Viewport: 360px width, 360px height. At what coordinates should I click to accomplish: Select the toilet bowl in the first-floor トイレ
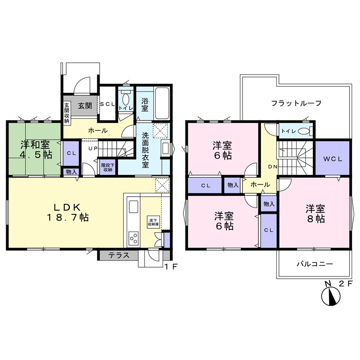point(126,99)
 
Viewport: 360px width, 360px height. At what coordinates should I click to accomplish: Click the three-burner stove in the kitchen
point(134,238)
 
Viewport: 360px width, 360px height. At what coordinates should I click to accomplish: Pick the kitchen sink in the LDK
point(133,208)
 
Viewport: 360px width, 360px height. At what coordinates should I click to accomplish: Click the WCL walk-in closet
point(332,158)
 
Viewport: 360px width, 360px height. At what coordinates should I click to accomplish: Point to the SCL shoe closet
point(107,104)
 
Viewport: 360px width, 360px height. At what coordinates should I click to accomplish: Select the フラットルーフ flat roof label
point(296,103)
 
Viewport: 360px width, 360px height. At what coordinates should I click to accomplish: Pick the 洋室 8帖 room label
point(316,214)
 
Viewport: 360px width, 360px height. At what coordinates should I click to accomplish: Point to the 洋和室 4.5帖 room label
point(35,150)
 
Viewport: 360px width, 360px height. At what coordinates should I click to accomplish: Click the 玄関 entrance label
point(85,106)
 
